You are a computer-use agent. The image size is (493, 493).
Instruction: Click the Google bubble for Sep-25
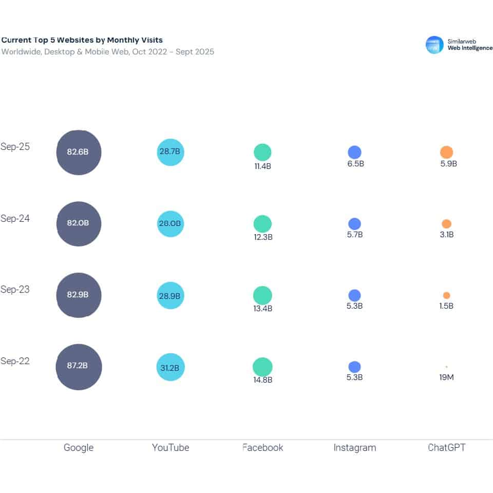(79, 153)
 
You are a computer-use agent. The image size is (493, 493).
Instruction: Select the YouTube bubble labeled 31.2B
(170, 367)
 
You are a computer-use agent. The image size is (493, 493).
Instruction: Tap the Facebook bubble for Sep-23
(262, 295)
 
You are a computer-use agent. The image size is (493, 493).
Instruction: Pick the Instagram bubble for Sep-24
(354, 224)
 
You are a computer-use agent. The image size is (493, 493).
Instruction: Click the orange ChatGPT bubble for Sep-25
(446, 153)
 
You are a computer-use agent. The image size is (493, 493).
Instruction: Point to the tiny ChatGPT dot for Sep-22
(446, 367)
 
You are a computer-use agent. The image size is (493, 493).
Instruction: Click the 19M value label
(446, 377)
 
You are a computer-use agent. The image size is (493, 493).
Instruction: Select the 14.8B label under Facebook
(262, 380)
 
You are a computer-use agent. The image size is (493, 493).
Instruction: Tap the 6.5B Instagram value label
(354, 164)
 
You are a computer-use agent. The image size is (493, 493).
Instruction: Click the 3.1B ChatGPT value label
(446, 235)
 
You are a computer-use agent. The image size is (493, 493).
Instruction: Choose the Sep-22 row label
(15, 361)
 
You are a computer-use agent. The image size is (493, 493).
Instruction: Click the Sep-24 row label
(15, 218)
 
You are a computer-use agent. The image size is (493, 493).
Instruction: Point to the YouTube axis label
(170, 448)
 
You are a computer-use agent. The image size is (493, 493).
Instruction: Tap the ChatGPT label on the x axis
(446, 448)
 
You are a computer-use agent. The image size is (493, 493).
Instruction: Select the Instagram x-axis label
(354, 448)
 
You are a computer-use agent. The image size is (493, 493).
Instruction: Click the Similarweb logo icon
(434, 45)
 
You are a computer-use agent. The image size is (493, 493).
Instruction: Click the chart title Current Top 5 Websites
(82, 40)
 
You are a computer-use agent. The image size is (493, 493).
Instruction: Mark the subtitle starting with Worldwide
(107, 52)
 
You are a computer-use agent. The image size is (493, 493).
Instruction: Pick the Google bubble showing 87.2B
(79, 367)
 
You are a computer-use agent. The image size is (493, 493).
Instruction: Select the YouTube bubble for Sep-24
(170, 224)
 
